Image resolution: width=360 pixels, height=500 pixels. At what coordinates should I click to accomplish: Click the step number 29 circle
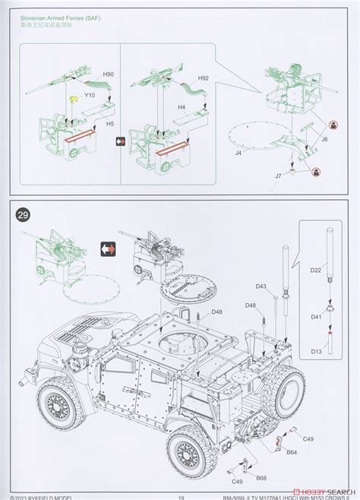(24, 214)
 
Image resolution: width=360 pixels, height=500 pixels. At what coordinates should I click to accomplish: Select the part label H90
(108, 74)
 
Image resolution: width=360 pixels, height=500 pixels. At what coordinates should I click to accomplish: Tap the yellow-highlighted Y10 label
(90, 96)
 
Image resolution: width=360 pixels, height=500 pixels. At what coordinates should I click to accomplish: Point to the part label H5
(110, 123)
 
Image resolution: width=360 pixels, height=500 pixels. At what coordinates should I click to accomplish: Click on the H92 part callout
(203, 78)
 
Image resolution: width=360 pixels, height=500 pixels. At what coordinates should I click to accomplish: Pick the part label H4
(182, 107)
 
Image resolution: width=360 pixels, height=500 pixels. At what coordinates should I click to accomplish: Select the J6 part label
(324, 139)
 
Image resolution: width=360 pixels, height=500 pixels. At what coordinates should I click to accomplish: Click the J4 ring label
(237, 153)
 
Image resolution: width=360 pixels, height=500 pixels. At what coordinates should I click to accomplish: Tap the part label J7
(279, 176)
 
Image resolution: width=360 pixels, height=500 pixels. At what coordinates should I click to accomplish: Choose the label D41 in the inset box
(317, 316)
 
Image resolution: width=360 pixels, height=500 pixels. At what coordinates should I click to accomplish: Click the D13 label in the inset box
(317, 352)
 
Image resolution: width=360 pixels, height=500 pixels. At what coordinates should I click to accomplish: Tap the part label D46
(251, 305)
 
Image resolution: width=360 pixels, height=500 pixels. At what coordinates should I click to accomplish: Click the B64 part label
(292, 453)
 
